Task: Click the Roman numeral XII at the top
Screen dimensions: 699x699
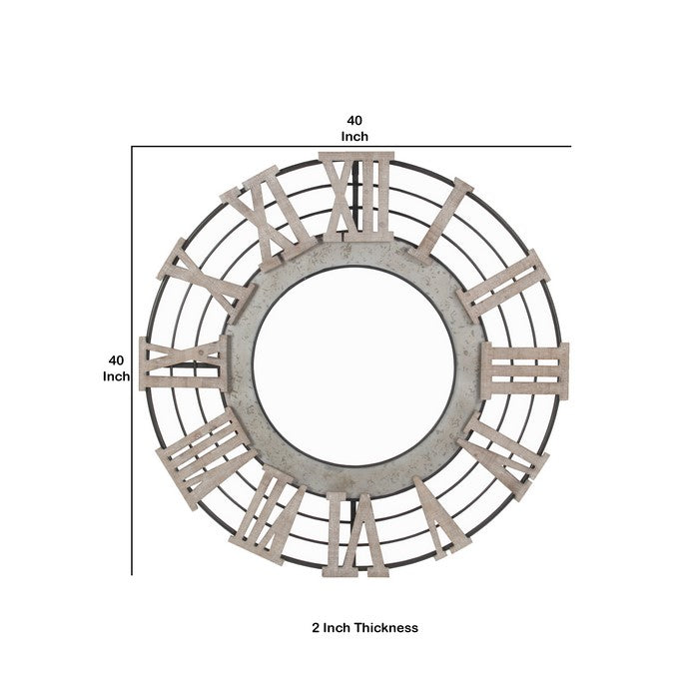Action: pos(356,197)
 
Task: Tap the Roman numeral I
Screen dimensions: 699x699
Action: pos(441,221)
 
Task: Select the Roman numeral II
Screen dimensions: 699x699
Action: pos(503,286)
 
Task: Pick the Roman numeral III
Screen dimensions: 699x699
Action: pos(525,370)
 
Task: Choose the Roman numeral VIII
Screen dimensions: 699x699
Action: pos(206,457)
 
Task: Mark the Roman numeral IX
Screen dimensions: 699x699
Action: pos(185,363)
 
